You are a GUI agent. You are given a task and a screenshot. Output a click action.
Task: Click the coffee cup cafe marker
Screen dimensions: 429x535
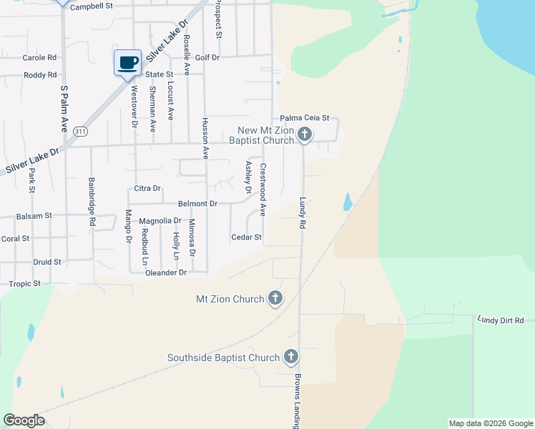click(x=128, y=62)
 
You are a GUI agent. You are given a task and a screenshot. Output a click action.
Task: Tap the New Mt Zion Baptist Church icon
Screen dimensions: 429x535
click(x=305, y=134)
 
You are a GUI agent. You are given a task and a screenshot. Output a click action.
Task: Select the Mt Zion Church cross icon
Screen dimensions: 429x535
click(x=275, y=298)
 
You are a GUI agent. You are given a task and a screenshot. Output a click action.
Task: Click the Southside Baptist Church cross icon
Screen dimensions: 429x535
click(x=290, y=357)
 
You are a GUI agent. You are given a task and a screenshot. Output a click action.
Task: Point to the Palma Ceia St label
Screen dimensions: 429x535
click(x=304, y=118)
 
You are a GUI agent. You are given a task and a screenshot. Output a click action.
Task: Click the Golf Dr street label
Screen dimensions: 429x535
click(x=207, y=57)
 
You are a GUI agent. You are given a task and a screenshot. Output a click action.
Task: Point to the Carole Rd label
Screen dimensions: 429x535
click(x=39, y=57)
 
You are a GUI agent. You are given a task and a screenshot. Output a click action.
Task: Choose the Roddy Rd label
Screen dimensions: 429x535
click(x=40, y=75)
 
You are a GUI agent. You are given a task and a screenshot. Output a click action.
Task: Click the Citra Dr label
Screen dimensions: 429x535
click(x=147, y=188)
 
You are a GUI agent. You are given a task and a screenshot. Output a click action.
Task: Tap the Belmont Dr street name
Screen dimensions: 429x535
click(x=198, y=204)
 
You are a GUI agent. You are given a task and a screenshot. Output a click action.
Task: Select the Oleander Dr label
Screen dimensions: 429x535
click(x=165, y=272)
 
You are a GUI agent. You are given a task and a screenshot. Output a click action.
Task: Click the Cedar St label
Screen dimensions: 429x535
click(x=247, y=237)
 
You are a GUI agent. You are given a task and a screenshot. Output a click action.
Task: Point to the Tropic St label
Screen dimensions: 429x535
click(x=25, y=284)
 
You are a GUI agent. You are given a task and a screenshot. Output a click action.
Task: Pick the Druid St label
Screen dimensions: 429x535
click(x=47, y=262)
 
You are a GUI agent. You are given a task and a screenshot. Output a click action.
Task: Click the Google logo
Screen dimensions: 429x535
click(x=24, y=420)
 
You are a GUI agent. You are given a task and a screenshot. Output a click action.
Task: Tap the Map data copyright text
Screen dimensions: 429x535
click(x=490, y=423)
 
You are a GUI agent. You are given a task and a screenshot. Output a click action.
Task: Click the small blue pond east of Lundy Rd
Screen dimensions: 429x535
click(x=348, y=202)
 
